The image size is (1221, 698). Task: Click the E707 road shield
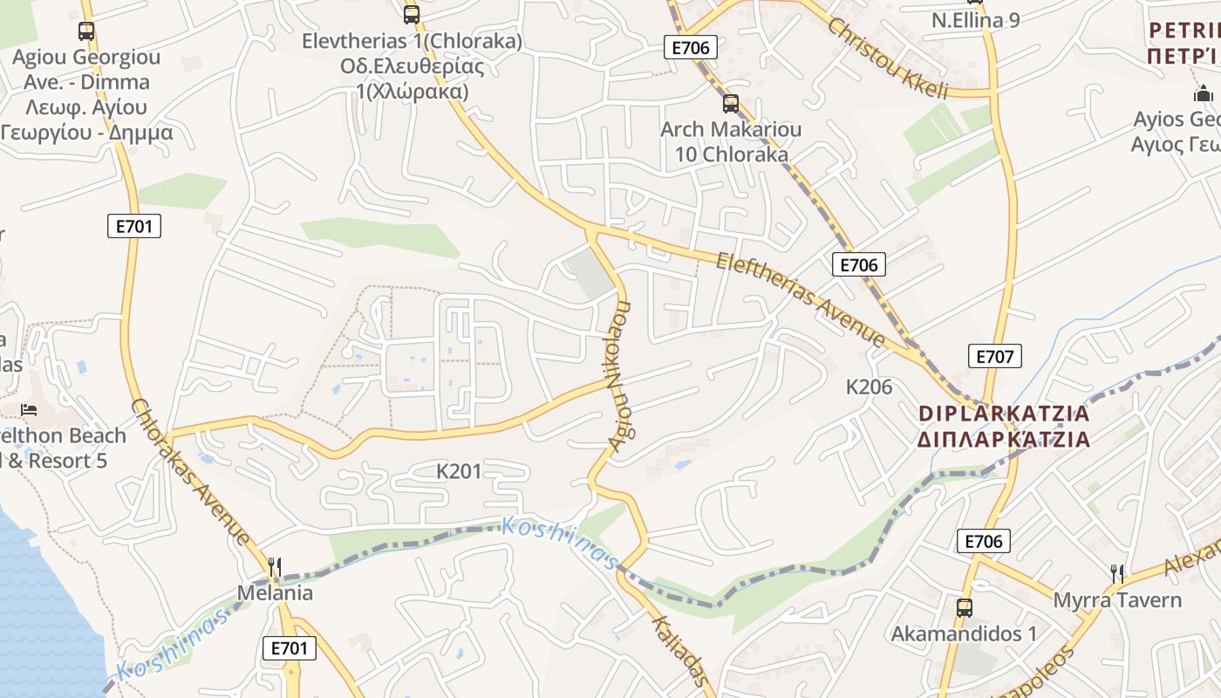[x=994, y=356]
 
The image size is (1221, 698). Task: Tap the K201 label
[x=459, y=472]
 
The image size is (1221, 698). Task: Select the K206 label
[x=870, y=387]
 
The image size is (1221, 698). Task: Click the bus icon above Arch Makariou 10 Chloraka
[x=731, y=104]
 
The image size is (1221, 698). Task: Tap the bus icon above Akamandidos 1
[x=964, y=607]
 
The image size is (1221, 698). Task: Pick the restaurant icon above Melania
[x=275, y=567]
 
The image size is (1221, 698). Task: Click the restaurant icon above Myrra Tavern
[x=1117, y=573]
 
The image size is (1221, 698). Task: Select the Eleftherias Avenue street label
[x=801, y=300]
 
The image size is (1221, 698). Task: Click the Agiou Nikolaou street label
[x=620, y=376]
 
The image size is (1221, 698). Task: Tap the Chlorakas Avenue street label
[x=190, y=473]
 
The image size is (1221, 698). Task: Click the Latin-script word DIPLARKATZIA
[x=1005, y=413]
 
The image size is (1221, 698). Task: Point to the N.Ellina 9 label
[x=975, y=20]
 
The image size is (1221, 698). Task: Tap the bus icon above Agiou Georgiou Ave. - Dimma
[x=86, y=31]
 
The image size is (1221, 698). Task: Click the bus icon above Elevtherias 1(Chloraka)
[x=412, y=14]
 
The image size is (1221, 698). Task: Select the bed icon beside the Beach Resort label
[x=30, y=409]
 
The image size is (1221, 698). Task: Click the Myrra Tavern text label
[x=1117, y=600]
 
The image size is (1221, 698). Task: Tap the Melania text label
[x=275, y=593]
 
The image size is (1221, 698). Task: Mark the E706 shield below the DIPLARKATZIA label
[x=983, y=541]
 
